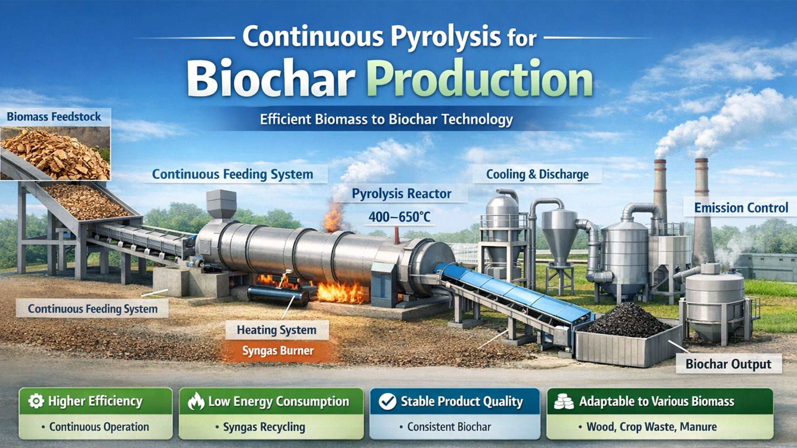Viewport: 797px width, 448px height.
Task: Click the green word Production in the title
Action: point(479,78)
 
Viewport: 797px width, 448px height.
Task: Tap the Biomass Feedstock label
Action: point(54,117)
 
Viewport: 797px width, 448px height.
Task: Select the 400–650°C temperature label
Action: point(399,217)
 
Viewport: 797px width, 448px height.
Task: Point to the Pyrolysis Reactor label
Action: point(401,194)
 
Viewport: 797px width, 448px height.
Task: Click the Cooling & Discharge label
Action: point(537,175)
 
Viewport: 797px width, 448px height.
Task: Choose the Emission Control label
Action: point(741,207)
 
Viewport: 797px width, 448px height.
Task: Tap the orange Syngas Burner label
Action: point(278,351)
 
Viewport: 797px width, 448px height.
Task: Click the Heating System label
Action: point(276,330)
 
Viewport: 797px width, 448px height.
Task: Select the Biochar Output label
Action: point(728,364)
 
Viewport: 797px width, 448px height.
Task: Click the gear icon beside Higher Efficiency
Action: point(36,401)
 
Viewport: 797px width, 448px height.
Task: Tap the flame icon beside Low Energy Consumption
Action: point(196,402)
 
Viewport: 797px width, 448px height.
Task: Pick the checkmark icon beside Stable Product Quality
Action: point(388,402)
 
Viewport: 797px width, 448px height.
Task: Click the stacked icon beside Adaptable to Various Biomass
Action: point(564,402)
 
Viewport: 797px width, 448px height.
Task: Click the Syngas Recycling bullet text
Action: point(264,427)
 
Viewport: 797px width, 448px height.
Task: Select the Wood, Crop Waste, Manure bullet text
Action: point(651,427)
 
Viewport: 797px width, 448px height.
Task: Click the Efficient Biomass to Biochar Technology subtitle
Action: point(386,119)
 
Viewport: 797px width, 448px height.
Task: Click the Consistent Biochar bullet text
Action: point(449,427)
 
